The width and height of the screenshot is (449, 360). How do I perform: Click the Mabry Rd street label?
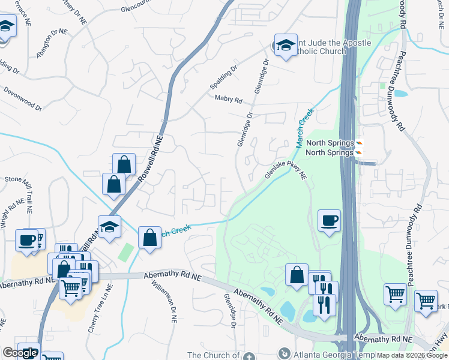pos(229,100)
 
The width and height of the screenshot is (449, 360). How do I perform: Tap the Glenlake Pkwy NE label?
pos(286,173)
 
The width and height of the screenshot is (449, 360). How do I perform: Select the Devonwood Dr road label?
pos(22,99)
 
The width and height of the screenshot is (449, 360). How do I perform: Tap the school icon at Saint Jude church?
pos(286,44)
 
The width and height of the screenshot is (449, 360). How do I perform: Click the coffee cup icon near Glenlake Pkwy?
pos(328,221)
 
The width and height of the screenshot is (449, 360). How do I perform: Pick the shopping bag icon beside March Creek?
pos(149,238)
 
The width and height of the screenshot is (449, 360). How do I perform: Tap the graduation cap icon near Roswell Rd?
pos(109,227)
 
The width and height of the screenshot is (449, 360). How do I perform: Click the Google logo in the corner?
pos(20,353)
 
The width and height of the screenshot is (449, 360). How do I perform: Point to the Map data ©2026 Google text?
pos(412,355)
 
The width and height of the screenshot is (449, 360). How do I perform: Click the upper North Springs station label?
pos(330,143)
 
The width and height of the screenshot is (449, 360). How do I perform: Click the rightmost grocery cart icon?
pos(426,299)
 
